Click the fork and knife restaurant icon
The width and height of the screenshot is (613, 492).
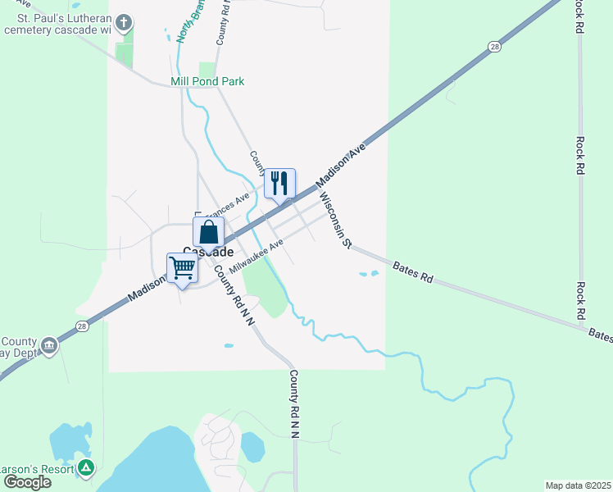click(279, 184)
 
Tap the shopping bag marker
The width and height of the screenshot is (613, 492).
click(209, 232)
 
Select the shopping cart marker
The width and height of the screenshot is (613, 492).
click(182, 268)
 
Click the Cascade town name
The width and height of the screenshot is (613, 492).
click(207, 253)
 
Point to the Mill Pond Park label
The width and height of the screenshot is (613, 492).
click(207, 82)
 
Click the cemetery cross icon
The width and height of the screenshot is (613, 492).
click(124, 22)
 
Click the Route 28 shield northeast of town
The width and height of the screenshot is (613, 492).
click(494, 48)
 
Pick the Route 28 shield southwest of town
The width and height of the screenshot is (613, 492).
click(82, 326)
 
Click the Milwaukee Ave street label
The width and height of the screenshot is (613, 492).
click(256, 257)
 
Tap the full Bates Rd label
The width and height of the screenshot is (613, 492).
click(412, 272)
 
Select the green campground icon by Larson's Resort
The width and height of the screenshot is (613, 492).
click(86, 468)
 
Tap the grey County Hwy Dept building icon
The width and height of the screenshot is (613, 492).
click(50, 345)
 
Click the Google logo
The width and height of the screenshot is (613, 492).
click(27, 481)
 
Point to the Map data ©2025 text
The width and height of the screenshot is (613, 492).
click(577, 485)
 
